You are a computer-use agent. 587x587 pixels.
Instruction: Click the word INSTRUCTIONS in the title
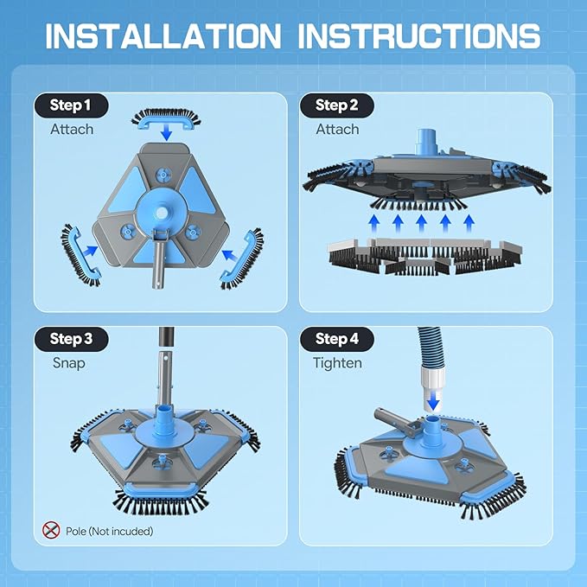click(x=419, y=35)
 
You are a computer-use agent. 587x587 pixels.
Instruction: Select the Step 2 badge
click(x=336, y=105)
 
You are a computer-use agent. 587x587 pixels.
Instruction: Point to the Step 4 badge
click(x=337, y=339)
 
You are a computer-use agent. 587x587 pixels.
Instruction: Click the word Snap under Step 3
click(x=67, y=362)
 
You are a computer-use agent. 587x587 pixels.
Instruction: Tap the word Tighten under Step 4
click(x=337, y=362)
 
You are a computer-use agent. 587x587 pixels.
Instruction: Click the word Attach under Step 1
click(x=72, y=129)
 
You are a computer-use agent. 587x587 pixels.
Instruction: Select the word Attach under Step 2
click(x=337, y=129)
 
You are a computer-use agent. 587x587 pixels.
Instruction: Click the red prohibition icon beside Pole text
click(x=51, y=530)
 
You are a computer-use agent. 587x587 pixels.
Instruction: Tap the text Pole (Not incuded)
click(x=110, y=531)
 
